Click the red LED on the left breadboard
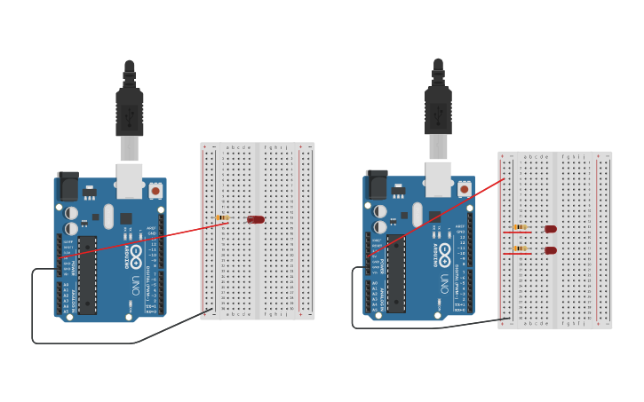pyautogui.click(x=256, y=219)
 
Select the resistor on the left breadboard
pyautogui.click(x=222, y=217)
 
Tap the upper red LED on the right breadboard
pyautogui.click(x=551, y=229)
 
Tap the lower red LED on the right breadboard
pyautogui.click(x=551, y=250)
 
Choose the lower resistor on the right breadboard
pyautogui.click(x=520, y=248)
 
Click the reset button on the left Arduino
pyautogui.click(x=155, y=190)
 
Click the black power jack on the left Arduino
pyautogui.click(x=68, y=185)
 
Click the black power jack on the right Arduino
pyautogui.click(x=377, y=184)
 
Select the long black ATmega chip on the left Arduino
pyautogui.click(x=87, y=274)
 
